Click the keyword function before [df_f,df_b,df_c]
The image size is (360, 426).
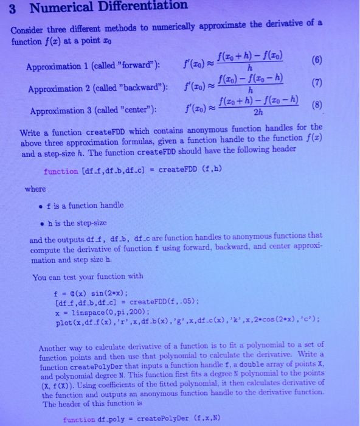61,172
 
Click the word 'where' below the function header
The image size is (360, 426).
35,189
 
